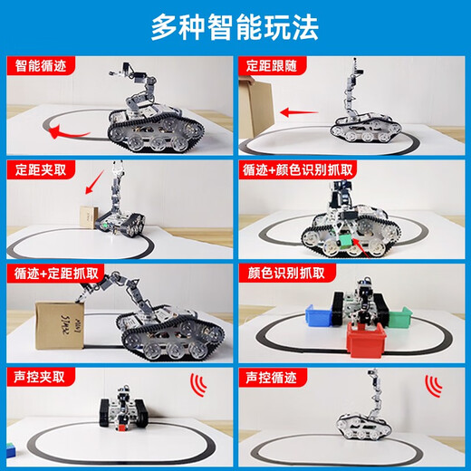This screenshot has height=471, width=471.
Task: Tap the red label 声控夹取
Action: [x=35, y=374]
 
